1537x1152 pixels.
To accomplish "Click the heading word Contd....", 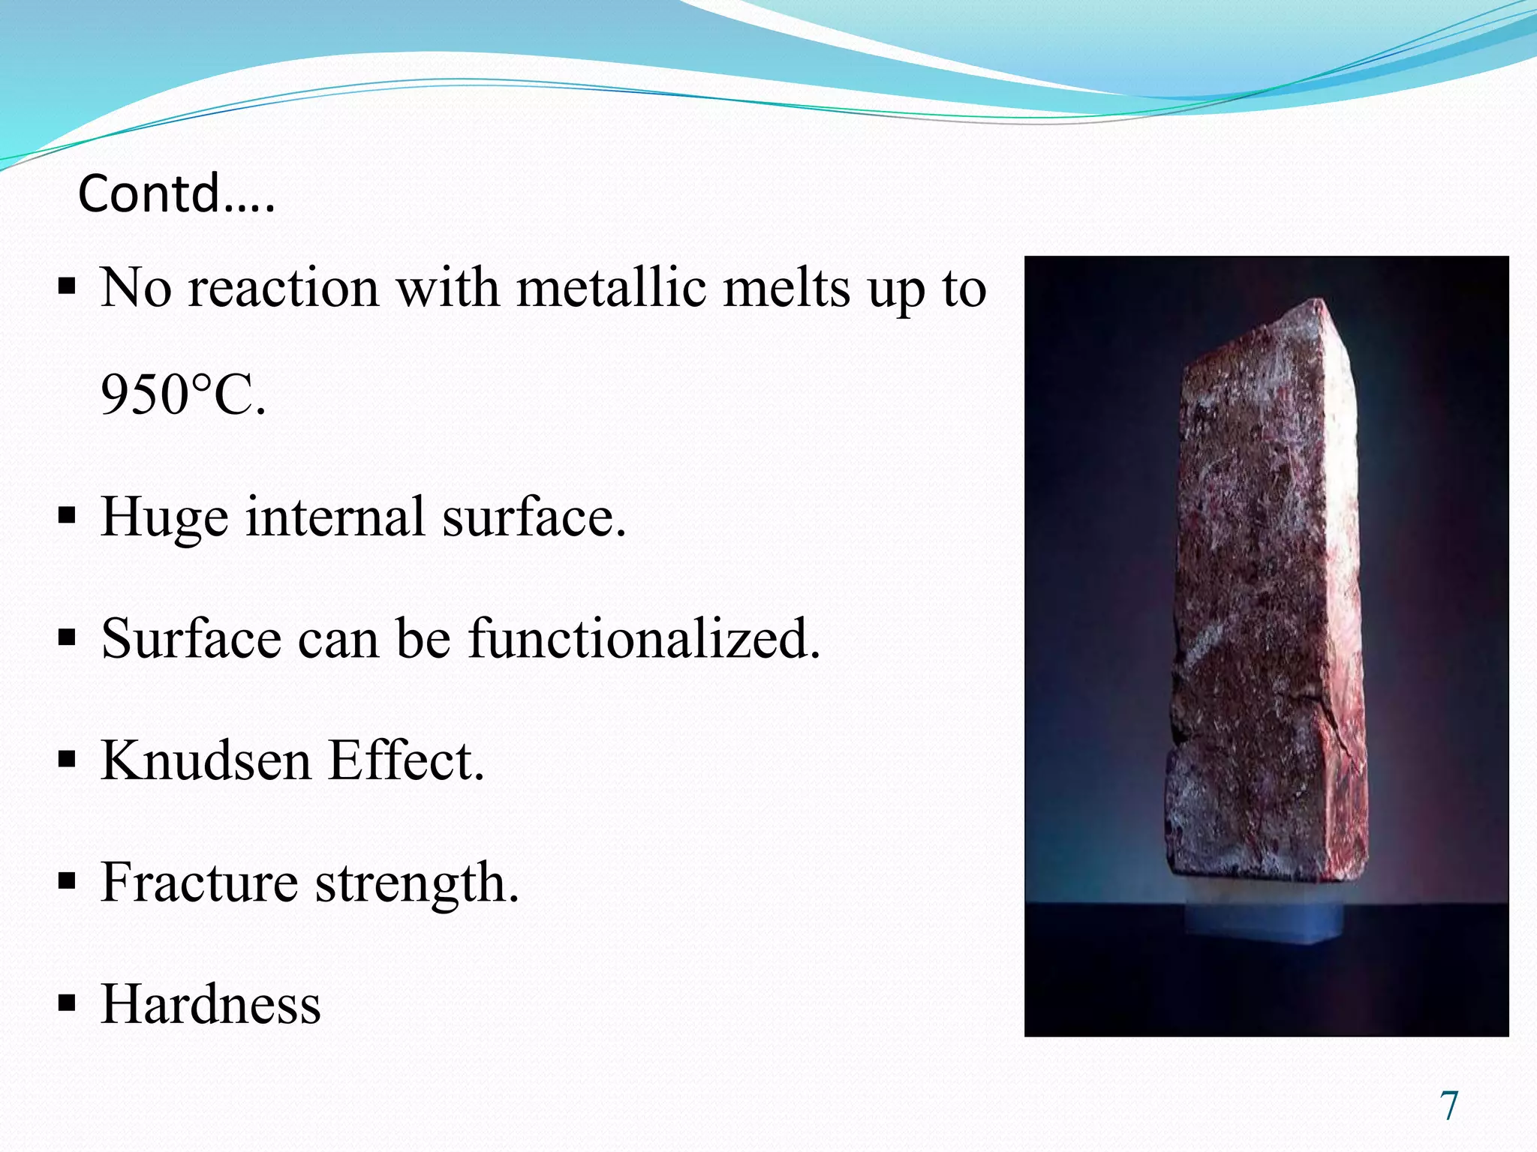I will click(176, 194).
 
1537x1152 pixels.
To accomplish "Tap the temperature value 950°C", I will click(183, 395).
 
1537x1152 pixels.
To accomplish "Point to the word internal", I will click(335, 517).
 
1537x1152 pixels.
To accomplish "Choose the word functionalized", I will click(645, 639).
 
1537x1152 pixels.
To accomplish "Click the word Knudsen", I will click(206, 761).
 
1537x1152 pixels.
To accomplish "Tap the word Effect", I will click(406, 761).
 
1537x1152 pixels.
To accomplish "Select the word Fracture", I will click(199, 883).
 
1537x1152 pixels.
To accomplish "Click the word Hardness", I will click(211, 1004).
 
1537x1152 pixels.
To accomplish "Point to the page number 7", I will click(1448, 1105).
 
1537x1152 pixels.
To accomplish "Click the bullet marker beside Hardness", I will click(67, 1003).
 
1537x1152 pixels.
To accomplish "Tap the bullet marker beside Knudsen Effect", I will click(67, 760).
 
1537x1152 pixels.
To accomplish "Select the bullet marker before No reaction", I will click(67, 286).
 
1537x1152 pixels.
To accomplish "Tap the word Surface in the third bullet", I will click(191, 639).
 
